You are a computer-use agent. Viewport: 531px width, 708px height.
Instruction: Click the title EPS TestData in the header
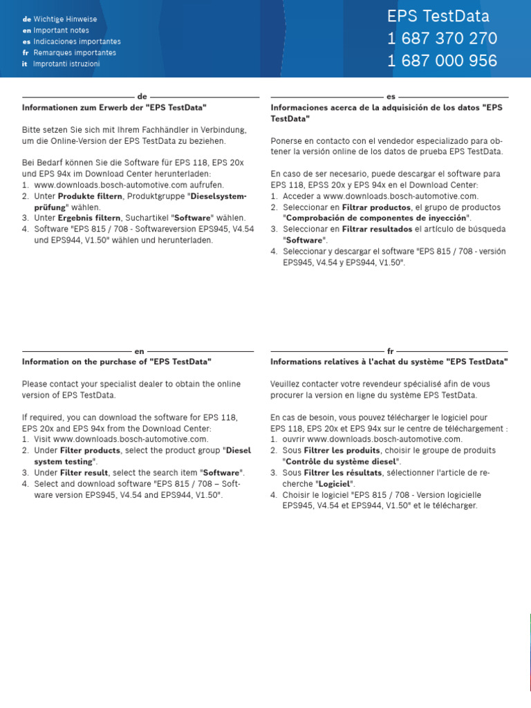[x=438, y=17]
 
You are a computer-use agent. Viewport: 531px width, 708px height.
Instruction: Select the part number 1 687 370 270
[x=442, y=39]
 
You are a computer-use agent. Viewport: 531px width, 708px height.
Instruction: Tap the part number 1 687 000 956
[x=442, y=61]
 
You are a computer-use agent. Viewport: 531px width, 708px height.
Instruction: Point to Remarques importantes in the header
[x=75, y=53]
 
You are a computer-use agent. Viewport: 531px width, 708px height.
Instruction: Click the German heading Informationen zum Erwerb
[x=114, y=108]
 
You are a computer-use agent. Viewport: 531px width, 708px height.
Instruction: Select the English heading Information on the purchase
[x=116, y=362]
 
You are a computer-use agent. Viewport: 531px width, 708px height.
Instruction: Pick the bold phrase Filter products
[x=90, y=450]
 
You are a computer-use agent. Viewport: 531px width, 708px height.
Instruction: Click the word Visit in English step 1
[x=42, y=439]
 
